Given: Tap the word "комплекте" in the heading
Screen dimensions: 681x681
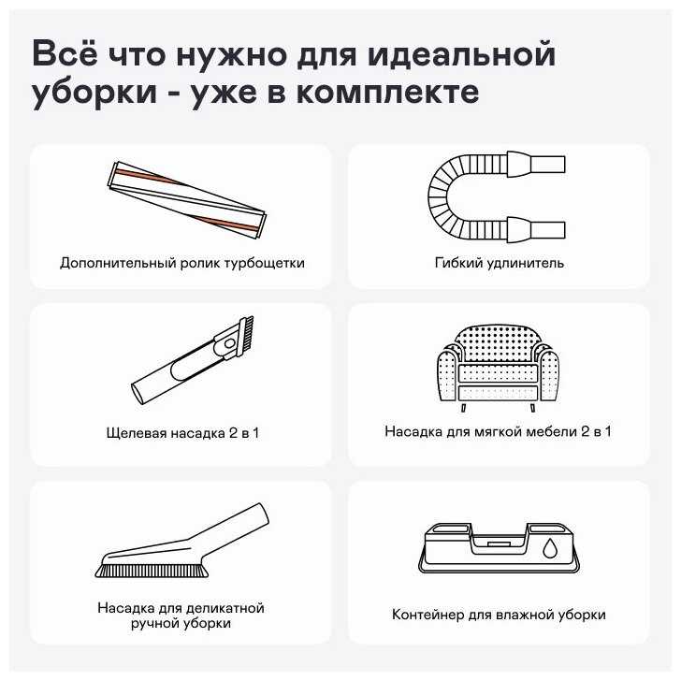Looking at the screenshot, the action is coord(388,92).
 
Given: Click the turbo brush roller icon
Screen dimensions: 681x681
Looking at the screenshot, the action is coord(187,200).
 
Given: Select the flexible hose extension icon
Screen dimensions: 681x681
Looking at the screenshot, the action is coord(497,196).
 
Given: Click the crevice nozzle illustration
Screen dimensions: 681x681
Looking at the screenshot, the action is coord(193,360).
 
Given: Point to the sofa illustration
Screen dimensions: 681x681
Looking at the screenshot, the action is coord(498,367).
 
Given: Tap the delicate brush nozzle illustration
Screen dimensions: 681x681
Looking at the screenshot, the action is coord(182,541).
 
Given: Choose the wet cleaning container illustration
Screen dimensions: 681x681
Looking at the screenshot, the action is coord(499,548).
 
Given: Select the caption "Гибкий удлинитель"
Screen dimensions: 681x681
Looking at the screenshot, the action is coord(499,263).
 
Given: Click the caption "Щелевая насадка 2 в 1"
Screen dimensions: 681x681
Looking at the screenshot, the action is coord(182,433).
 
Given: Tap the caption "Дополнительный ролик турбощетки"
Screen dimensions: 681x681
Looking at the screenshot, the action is coord(182,263).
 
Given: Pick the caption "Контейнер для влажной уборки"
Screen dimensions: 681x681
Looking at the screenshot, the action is coord(499,615).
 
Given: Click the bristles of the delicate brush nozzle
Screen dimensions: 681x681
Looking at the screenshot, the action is coord(152,570).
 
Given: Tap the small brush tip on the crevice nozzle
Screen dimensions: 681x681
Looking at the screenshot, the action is coord(246,332).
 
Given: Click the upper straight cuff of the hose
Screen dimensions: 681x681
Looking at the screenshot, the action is coord(548,165).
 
